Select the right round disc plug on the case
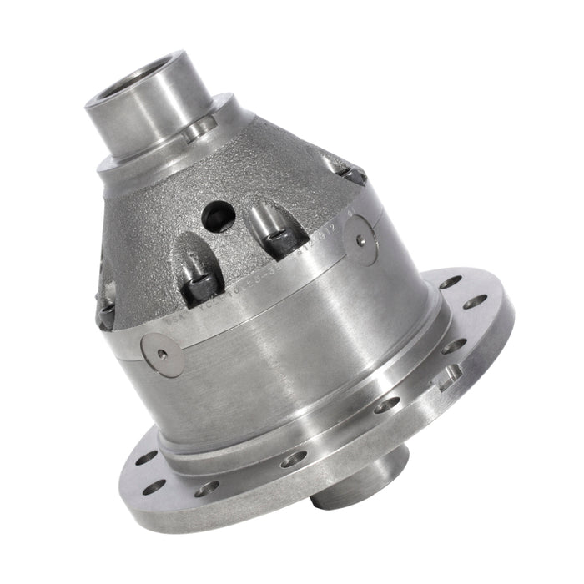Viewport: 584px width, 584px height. (360, 240)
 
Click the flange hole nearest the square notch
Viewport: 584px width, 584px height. (454, 345)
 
